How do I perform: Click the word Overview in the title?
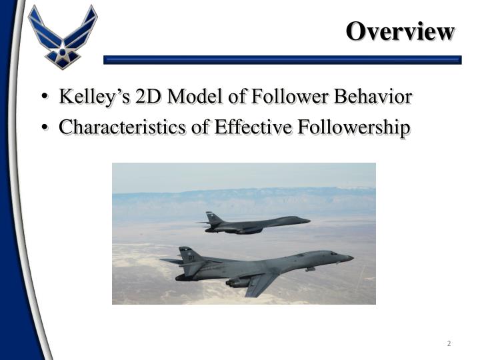[x=400, y=31]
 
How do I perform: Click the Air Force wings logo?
[x=63, y=37]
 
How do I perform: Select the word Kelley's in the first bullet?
[x=94, y=97]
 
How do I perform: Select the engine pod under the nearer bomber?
[x=240, y=282]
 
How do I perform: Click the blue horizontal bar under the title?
[x=283, y=60]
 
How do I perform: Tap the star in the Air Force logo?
[x=63, y=47]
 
